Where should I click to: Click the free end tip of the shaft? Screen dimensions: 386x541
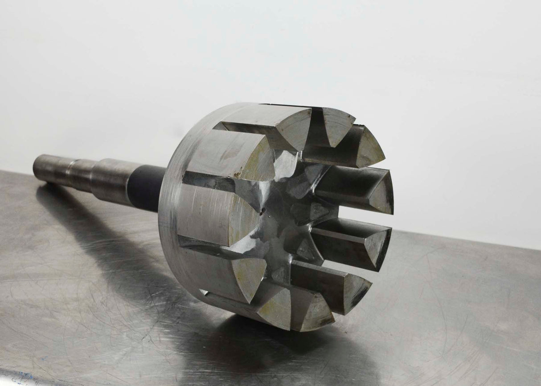(x=36, y=165)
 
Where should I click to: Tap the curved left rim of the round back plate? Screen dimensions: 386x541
(x=167, y=209)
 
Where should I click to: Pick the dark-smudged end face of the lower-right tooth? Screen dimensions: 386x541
(x=357, y=289)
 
